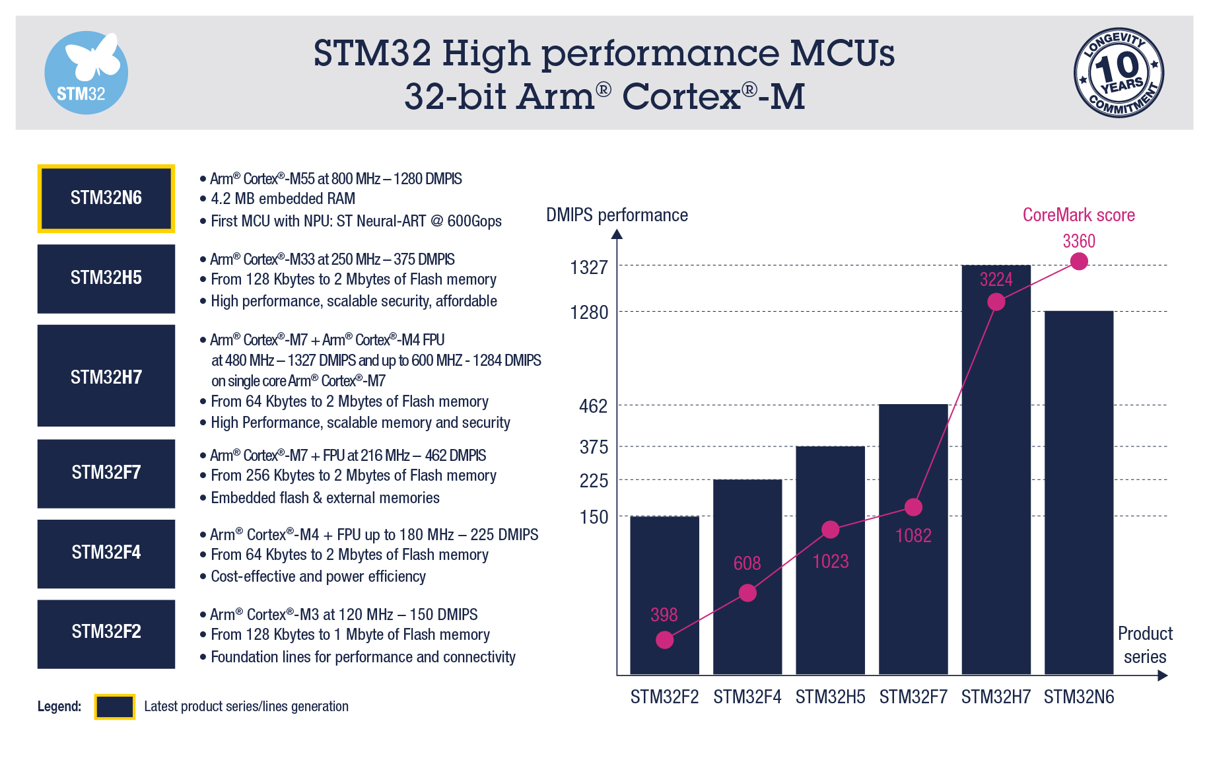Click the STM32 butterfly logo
pyautogui.click(x=86, y=73)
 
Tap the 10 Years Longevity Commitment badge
pyautogui.click(x=1119, y=73)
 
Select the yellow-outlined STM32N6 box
pyautogui.click(x=106, y=198)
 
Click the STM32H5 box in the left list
pyautogui.click(x=106, y=278)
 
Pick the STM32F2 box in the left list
pyautogui.click(x=106, y=633)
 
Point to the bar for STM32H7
pyautogui.click(x=996, y=475)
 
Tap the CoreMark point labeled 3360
pyautogui.click(x=1079, y=261)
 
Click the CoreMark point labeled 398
pyautogui.click(x=665, y=639)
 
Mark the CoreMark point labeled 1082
pyautogui.click(x=913, y=507)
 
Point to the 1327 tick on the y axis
pyautogui.click(x=589, y=267)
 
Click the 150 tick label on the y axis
pyautogui.click(x=594, y=517)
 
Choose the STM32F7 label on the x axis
pyautogui.click(x=913, y=697)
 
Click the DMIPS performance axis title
pyautogui.click(x=617, y=215)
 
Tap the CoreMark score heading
pyautogui.click(x=1078, y=215)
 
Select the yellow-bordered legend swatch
pyautogui.click(x=115, y=707)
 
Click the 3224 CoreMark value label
pyautogui.click(x=996, y=279)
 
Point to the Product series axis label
pyautogui.click(x=1145, y=645)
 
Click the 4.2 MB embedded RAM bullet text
pyautogui.click(x=283, y=199)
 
